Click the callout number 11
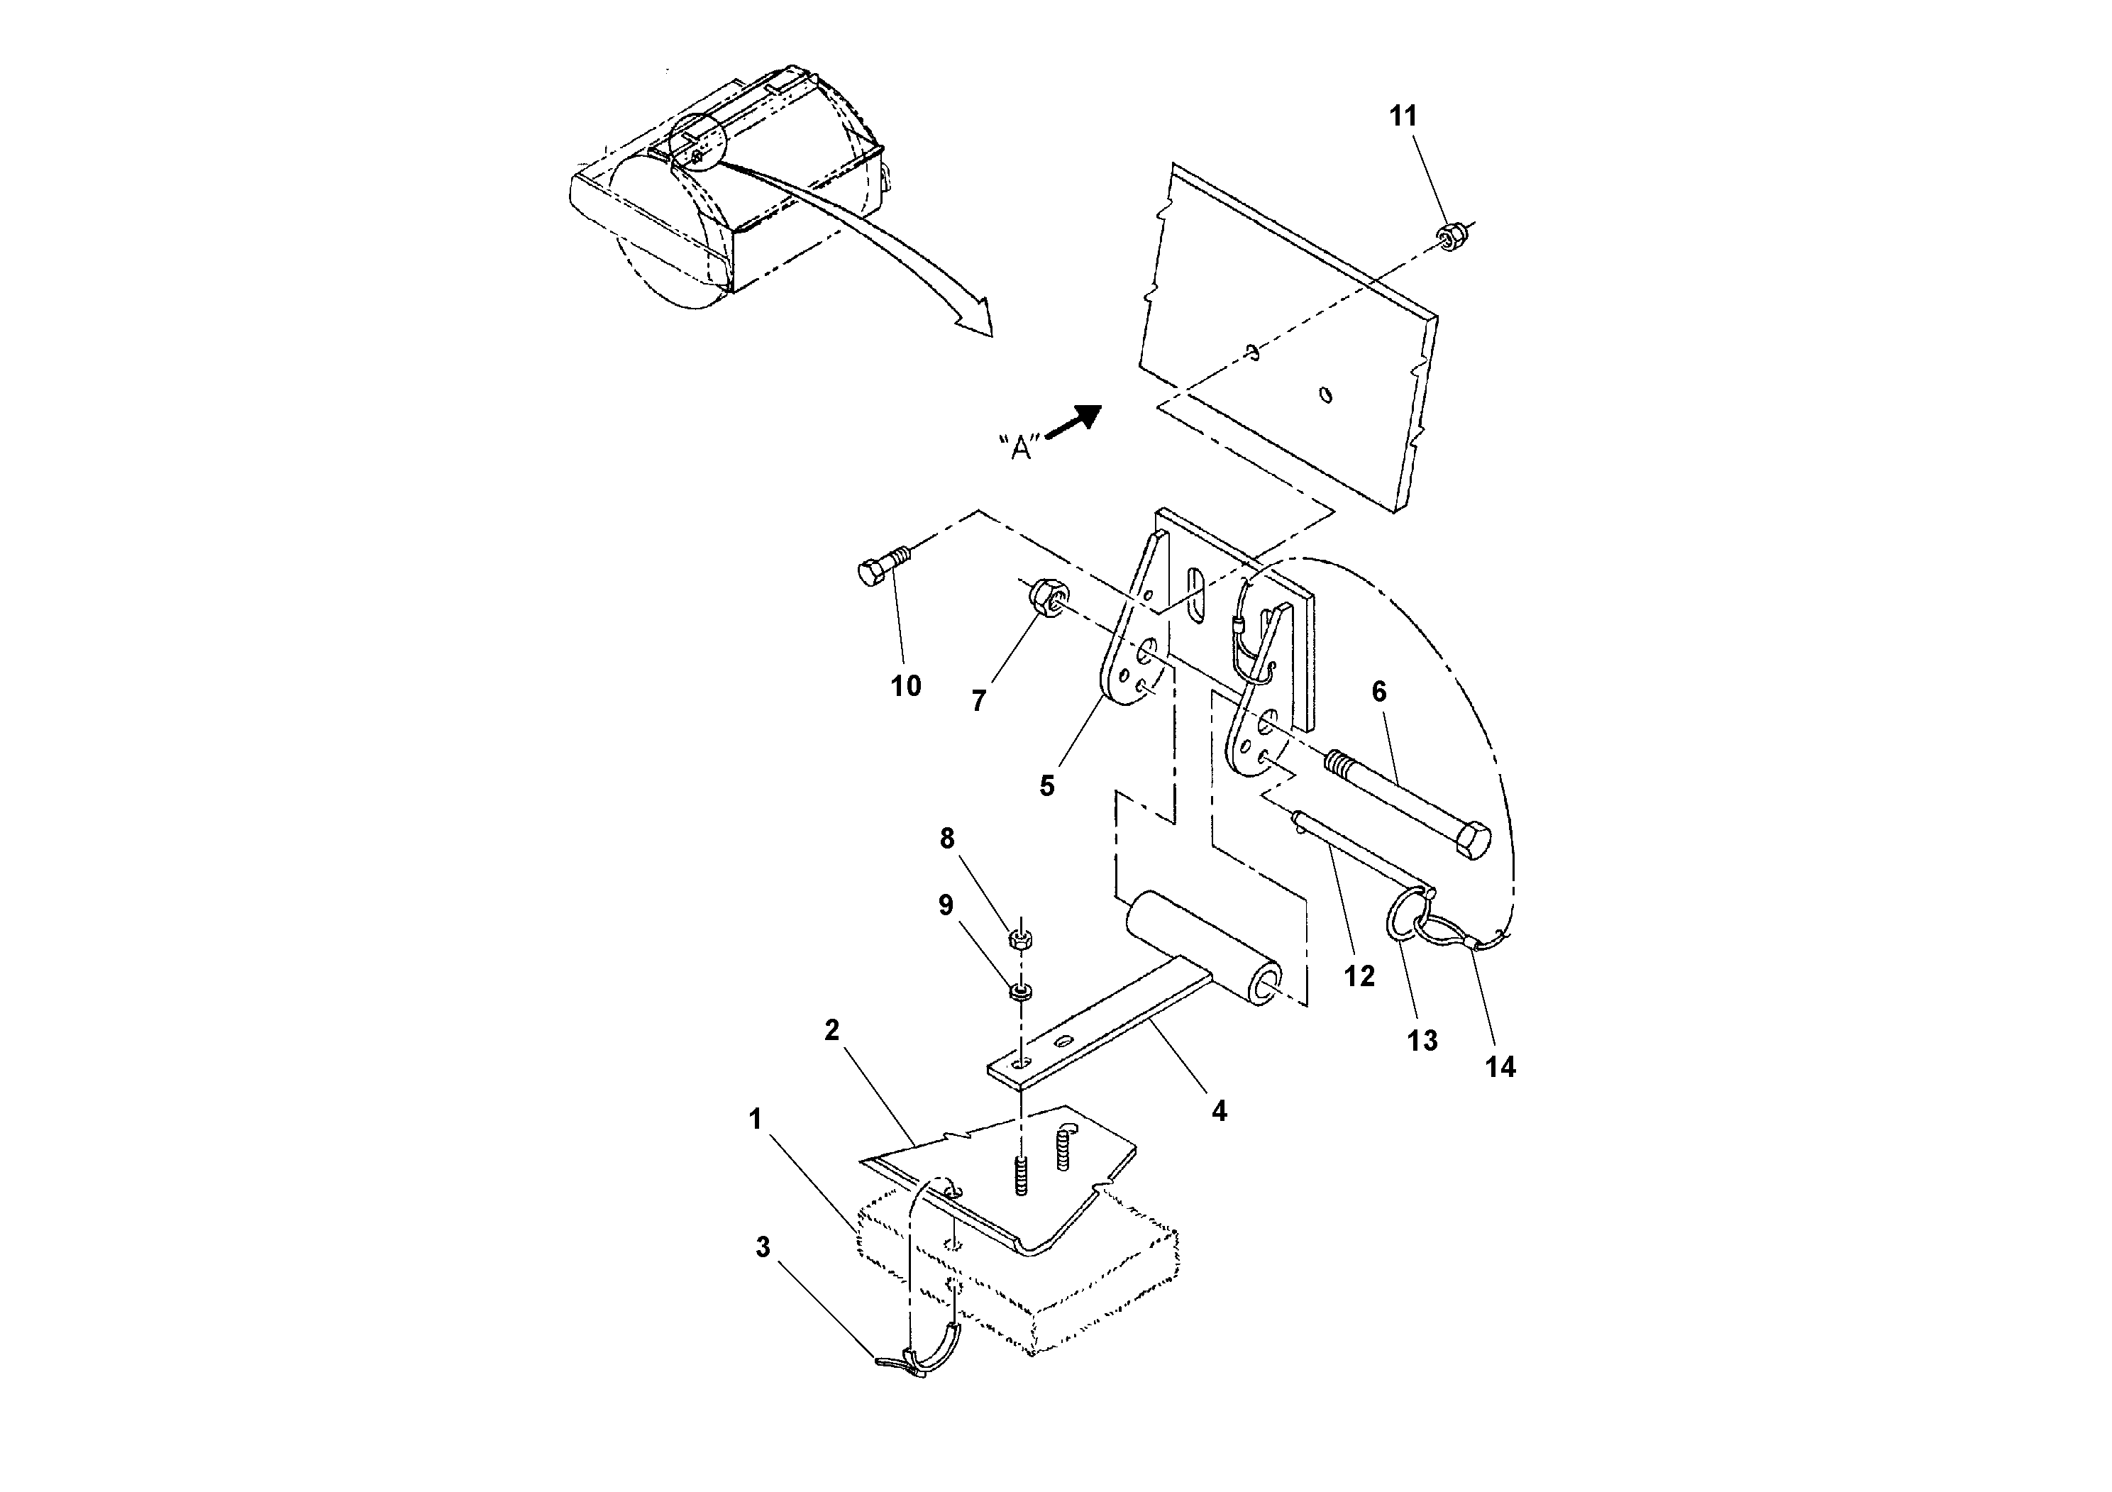coord(1403,117)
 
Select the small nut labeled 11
coord(1451,236)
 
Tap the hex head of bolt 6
coord(1473,841)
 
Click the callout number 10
coord(905,686)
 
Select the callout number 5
coord(1047,787)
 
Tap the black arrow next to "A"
coord(1076,424)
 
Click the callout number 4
coord(1219,1111)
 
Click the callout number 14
coord(1500,1067)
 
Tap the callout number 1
coord(756,1120)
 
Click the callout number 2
coord(831,1031)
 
